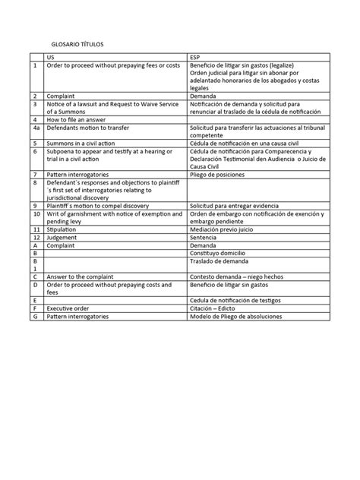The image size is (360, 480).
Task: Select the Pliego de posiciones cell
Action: click(218, 174)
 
